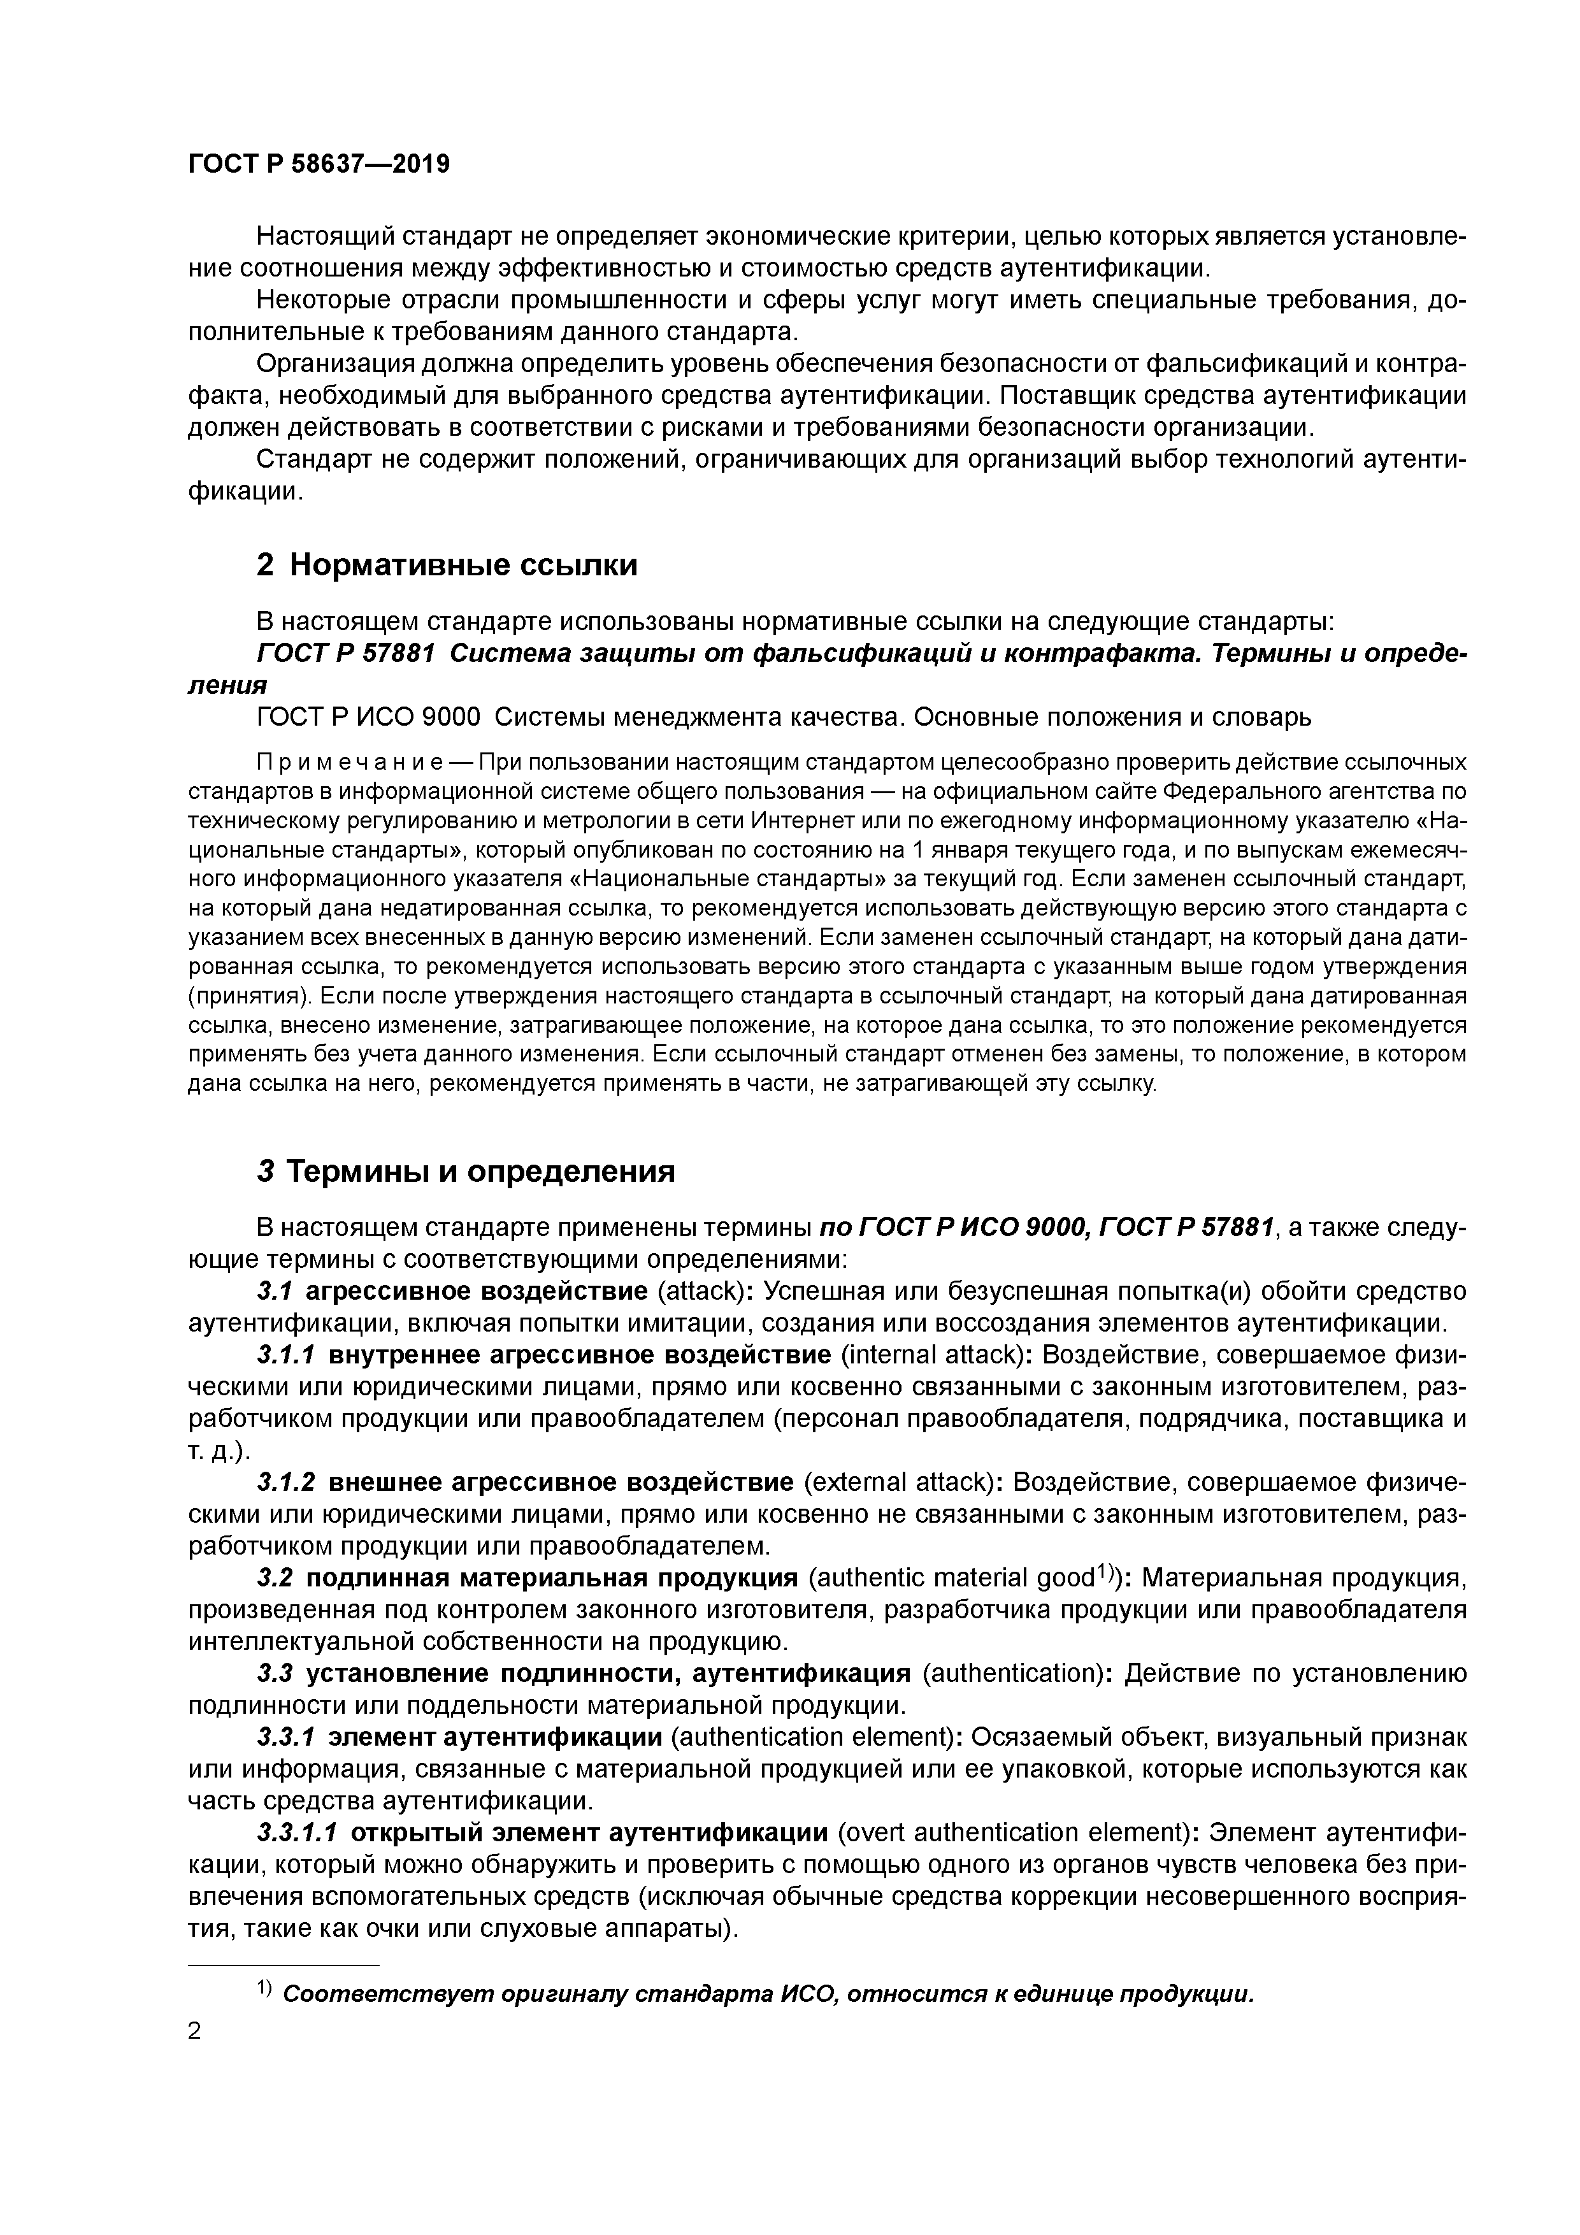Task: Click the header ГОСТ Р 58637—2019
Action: tap(319, 164)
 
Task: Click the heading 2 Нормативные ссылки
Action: tap(447, 564)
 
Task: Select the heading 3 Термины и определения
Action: tap(465, 1171)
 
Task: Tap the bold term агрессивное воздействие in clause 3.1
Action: tap(476, 1291)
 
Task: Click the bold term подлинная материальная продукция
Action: tap(552, 1577)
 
